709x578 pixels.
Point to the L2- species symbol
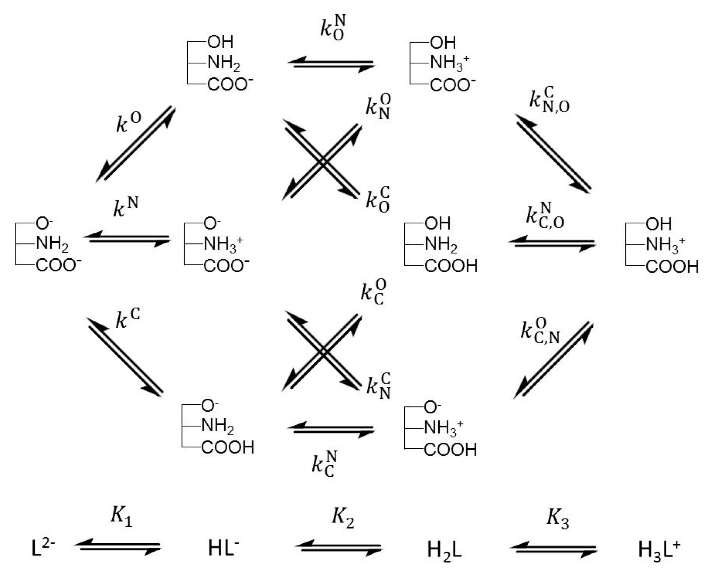(43, 549)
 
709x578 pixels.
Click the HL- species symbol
(223, 549)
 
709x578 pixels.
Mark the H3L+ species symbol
(659, 550)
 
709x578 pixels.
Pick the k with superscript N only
(126, 207)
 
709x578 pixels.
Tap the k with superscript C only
(127, 319)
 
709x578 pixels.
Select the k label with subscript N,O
(549, 101)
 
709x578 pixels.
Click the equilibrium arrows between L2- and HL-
(118, 547)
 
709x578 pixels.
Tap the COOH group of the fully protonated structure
(672, 267)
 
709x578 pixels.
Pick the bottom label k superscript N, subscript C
(324, 464)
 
